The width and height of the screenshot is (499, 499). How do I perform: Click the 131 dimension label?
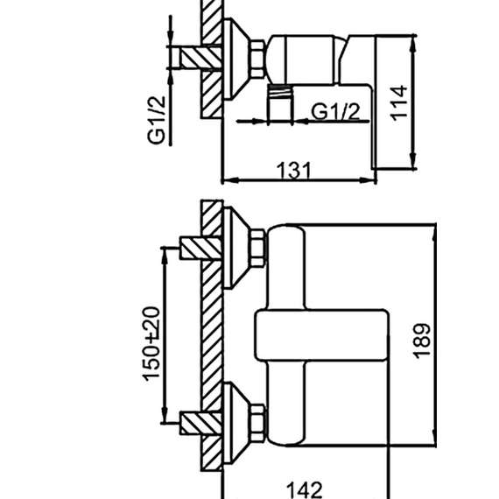tap(293, 170)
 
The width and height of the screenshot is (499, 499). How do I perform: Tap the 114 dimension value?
tap(399, 103)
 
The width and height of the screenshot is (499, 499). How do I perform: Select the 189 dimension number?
tap(422, 341)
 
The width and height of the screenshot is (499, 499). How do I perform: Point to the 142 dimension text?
tap(305, 489)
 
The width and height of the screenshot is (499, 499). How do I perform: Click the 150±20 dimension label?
tap(151, 344)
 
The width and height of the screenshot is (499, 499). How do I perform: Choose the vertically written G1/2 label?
tap(157, 120)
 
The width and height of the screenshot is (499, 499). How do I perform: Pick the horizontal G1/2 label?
tap(335, 111)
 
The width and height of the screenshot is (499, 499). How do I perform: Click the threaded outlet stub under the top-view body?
tap(280, 103)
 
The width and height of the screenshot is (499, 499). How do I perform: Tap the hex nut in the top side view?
tap(257, 60)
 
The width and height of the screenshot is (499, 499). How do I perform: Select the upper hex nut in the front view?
tap(257, 248)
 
